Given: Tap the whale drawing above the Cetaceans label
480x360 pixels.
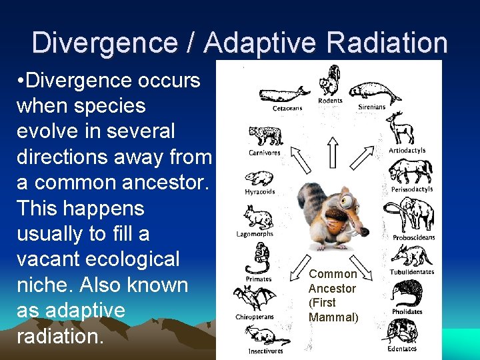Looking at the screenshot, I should coord(284,94).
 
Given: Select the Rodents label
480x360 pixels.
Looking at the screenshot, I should coord(330,101).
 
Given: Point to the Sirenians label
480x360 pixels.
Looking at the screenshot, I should coord(371,107).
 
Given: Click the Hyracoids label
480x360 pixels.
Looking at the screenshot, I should coord(259,192).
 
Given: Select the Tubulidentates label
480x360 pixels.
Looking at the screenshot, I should coord(411,272).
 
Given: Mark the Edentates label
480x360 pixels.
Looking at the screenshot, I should coord(402,349).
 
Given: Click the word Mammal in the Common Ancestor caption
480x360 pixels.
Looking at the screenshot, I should coord(333,317).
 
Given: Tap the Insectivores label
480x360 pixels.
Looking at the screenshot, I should coord(265,351).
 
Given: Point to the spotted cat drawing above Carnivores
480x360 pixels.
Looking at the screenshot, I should coord(265,135).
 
